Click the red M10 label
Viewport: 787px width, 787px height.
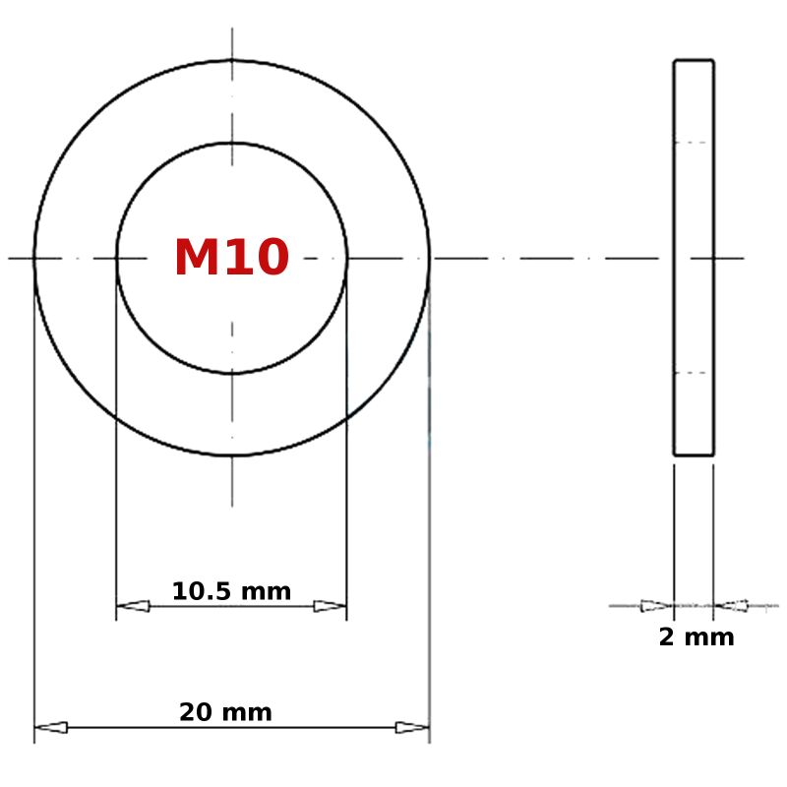point(231,257)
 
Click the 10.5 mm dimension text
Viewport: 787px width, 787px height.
point(231,591)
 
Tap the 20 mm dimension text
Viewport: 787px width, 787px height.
point(225,712)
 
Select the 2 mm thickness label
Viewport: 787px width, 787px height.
point(696,636)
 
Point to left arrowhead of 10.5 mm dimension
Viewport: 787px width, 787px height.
point(133,606)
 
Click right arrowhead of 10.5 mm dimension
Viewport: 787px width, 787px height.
point(330,606)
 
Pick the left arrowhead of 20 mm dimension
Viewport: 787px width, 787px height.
point(51,727)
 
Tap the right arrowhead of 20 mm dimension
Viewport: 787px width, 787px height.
point(412,727)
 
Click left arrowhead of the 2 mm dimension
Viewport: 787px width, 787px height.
point(657,606)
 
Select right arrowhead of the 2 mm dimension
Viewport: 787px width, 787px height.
point(731,606)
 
